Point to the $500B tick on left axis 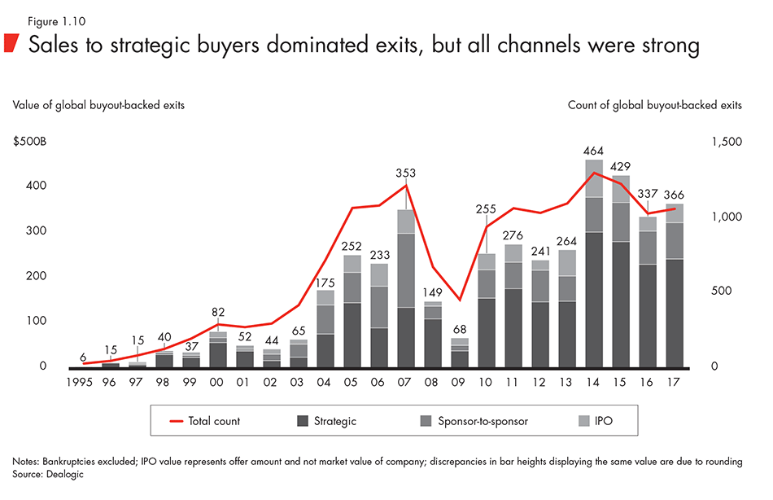pos(29,142)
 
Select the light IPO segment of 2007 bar pos(406,221)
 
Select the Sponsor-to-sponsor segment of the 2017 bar pos(675,241)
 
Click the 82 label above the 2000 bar pos(217,312)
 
